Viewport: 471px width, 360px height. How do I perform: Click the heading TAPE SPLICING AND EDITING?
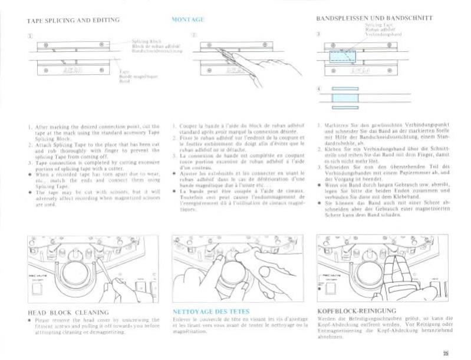(x=73, y=20)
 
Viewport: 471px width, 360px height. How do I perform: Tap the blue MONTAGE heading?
(x=187, y=20)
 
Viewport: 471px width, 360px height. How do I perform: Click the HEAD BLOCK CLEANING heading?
(x=68, y=312)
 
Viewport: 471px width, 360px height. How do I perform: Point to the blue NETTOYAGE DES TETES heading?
(x=211, y=311)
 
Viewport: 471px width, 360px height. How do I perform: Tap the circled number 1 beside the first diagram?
(x=28, y=36)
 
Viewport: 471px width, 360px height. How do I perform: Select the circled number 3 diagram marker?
(x=318, y=34)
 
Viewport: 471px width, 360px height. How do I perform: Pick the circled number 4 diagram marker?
(x=318, y=89)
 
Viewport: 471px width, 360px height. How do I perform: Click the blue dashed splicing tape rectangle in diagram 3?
(x=339, y=56)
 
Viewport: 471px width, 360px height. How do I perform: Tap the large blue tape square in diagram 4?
(x=345, y=97)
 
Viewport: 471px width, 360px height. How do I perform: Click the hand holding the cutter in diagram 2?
(x=277, y=70)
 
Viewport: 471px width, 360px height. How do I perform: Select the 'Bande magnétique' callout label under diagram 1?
(x=134, y=77)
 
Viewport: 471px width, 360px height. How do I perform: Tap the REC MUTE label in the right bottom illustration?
(x=328, y=275)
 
